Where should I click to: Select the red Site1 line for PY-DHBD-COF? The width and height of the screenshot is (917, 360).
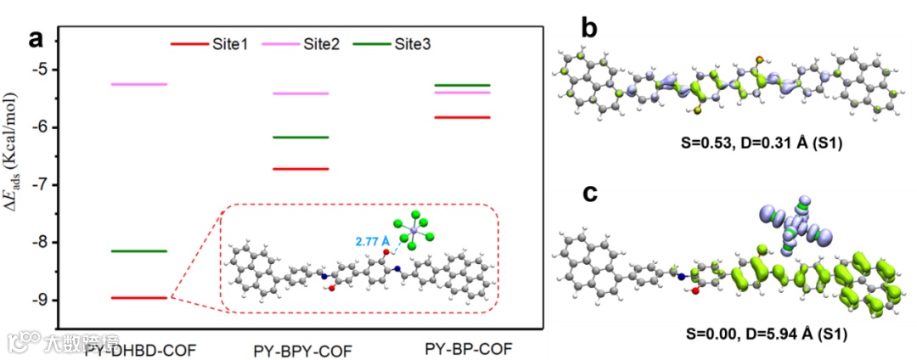140,298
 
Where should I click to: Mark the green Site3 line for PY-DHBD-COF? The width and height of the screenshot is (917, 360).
140,251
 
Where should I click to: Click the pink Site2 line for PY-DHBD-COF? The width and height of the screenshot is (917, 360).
140,85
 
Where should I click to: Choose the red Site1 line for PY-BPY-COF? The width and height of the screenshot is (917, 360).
300,169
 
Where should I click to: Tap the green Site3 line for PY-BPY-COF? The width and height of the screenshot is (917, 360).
300,138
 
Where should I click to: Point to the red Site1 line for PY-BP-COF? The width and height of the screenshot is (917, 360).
461,117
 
